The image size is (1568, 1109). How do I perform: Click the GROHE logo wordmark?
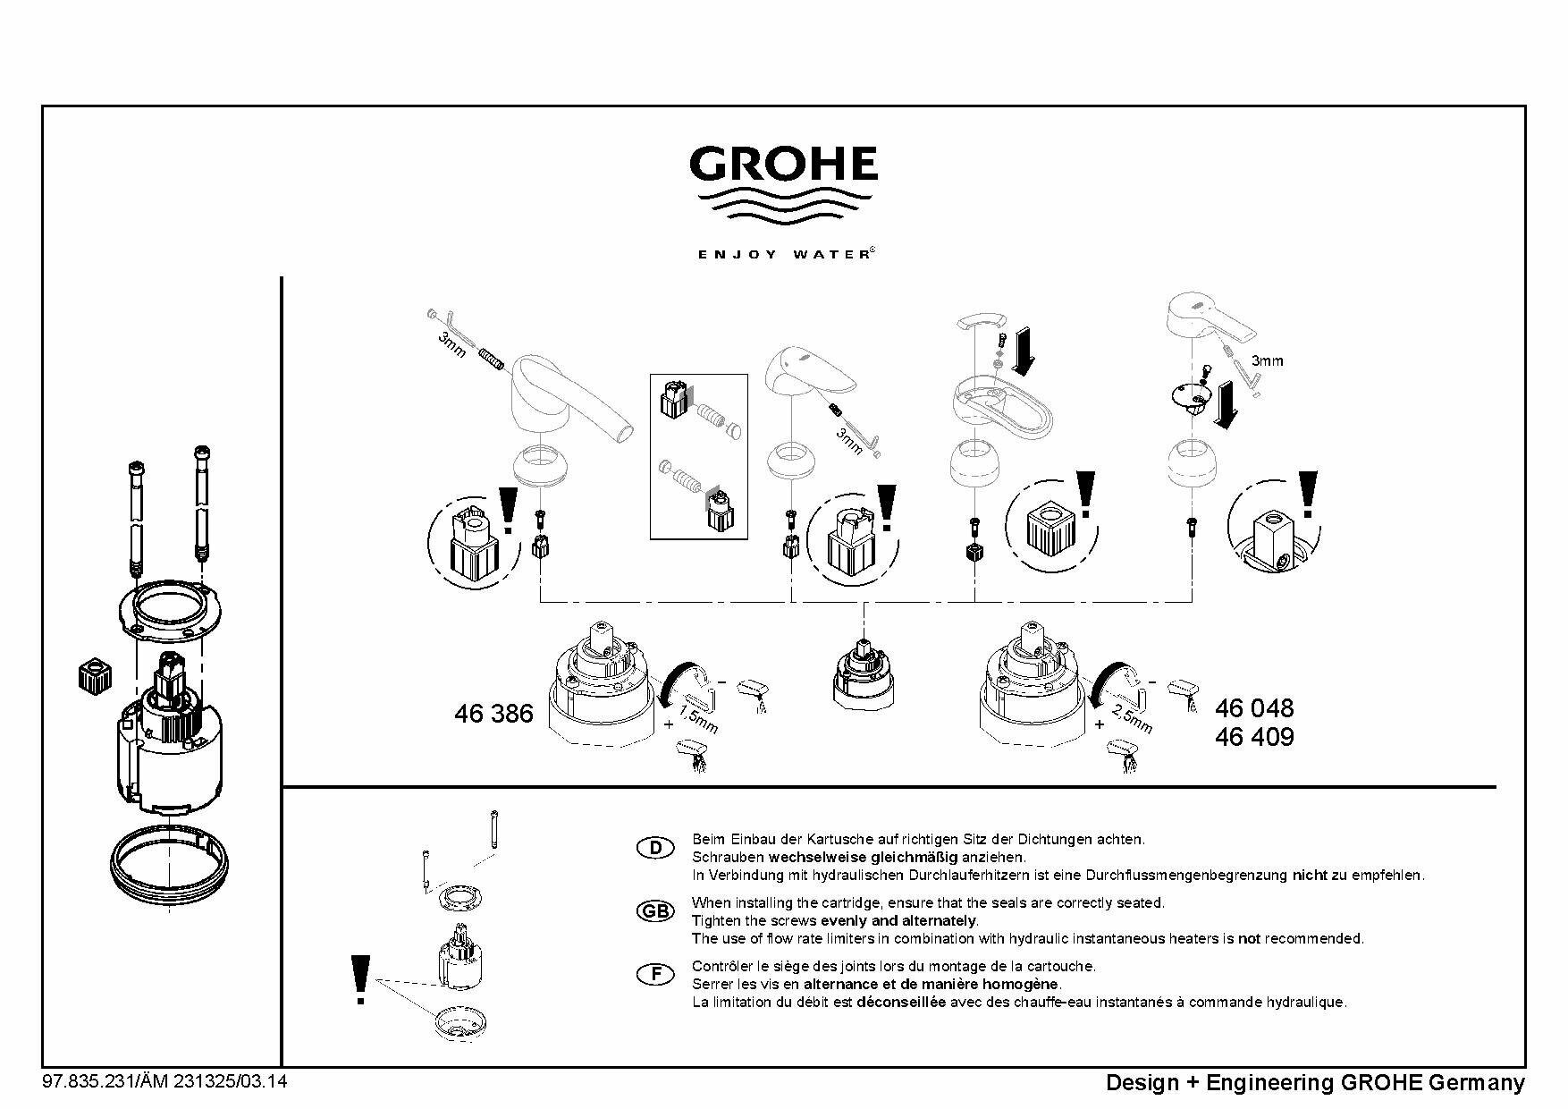click(783, 165)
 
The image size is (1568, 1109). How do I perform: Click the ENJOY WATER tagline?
click(783, 254)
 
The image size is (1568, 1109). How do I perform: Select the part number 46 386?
click(493, 714)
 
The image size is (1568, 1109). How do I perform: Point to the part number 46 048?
click(1254, 708)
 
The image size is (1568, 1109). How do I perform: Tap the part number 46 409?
click(1254, 737)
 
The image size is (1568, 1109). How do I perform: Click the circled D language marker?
click(655, 848)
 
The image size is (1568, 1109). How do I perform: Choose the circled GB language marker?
click(655, 911)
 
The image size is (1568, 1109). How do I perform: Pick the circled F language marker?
click(655, 974)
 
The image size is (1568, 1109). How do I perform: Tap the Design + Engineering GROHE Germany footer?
click(1315, 1083)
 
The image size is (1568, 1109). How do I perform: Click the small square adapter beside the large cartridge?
click(93, 675)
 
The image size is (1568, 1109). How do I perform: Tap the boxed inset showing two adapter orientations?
click(698, 456)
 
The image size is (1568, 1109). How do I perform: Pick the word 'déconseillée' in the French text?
click(900, 1002)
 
